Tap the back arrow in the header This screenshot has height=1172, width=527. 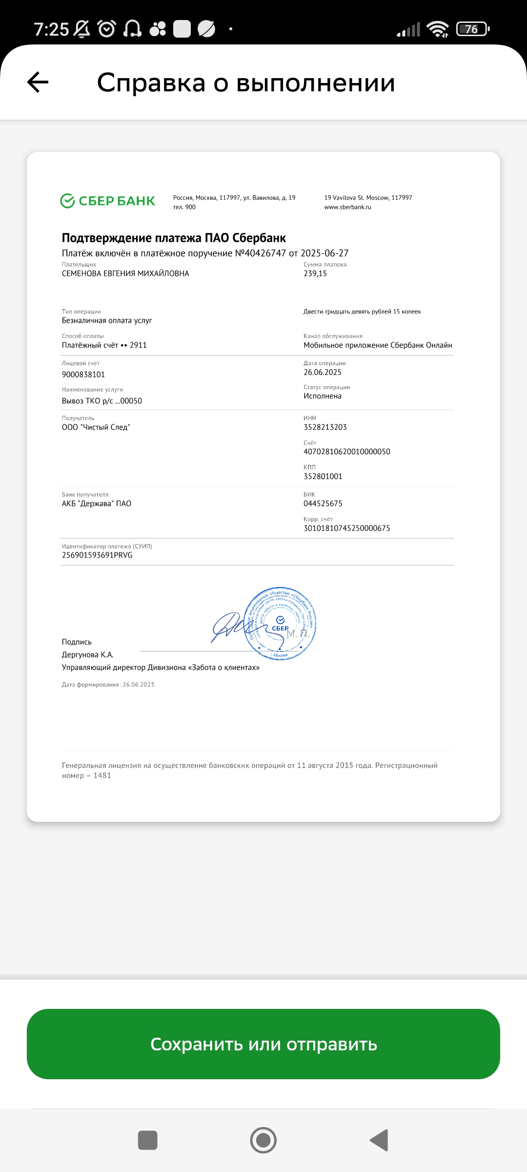(38, 82)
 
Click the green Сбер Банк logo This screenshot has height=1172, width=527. (107, 201)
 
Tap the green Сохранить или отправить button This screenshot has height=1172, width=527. (263, 1044)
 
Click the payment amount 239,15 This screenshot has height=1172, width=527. (315, 273)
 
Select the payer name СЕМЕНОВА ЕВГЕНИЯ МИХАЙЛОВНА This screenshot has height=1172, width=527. (125, 273)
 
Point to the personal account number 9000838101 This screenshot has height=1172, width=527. (83, 375)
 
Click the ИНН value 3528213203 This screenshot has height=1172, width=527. (325, 427)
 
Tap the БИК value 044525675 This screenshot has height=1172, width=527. (323, 503)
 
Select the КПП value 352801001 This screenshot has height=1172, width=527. (323, 476)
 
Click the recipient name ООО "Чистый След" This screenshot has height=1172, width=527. (96, 427)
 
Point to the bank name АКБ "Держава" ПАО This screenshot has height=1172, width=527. (97, 503)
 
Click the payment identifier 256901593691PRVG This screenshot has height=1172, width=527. (97, 555)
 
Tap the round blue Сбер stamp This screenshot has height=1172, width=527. (280, 624)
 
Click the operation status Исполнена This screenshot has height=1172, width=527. (323, 396)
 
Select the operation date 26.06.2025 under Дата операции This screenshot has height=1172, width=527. (323, 372)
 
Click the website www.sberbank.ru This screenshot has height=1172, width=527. (347, 207)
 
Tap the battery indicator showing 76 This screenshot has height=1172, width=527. (472, 29)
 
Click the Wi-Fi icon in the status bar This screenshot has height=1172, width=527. (437, 29)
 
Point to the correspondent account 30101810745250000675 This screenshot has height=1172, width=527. (346, 528)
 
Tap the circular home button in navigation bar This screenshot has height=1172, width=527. (263, 1140)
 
